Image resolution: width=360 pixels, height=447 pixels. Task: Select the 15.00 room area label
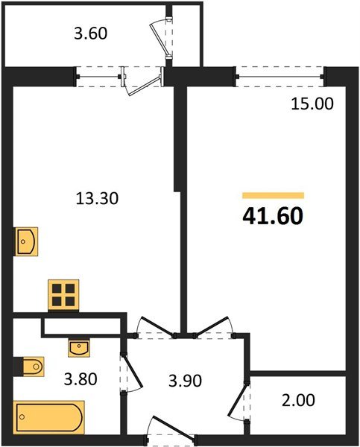point(312,104)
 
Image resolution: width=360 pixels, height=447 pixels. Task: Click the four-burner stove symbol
point(64,295)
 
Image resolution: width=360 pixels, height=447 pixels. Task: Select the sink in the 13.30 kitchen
point(27,241)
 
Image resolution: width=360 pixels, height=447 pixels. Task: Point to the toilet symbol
point(29,366)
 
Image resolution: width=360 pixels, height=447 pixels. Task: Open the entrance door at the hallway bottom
point(170,430)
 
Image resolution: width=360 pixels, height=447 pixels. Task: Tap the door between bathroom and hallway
point(130,372)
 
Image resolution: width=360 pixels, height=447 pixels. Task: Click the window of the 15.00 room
point(281,74)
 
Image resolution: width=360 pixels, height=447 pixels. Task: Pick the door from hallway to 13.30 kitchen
point(153,326)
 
